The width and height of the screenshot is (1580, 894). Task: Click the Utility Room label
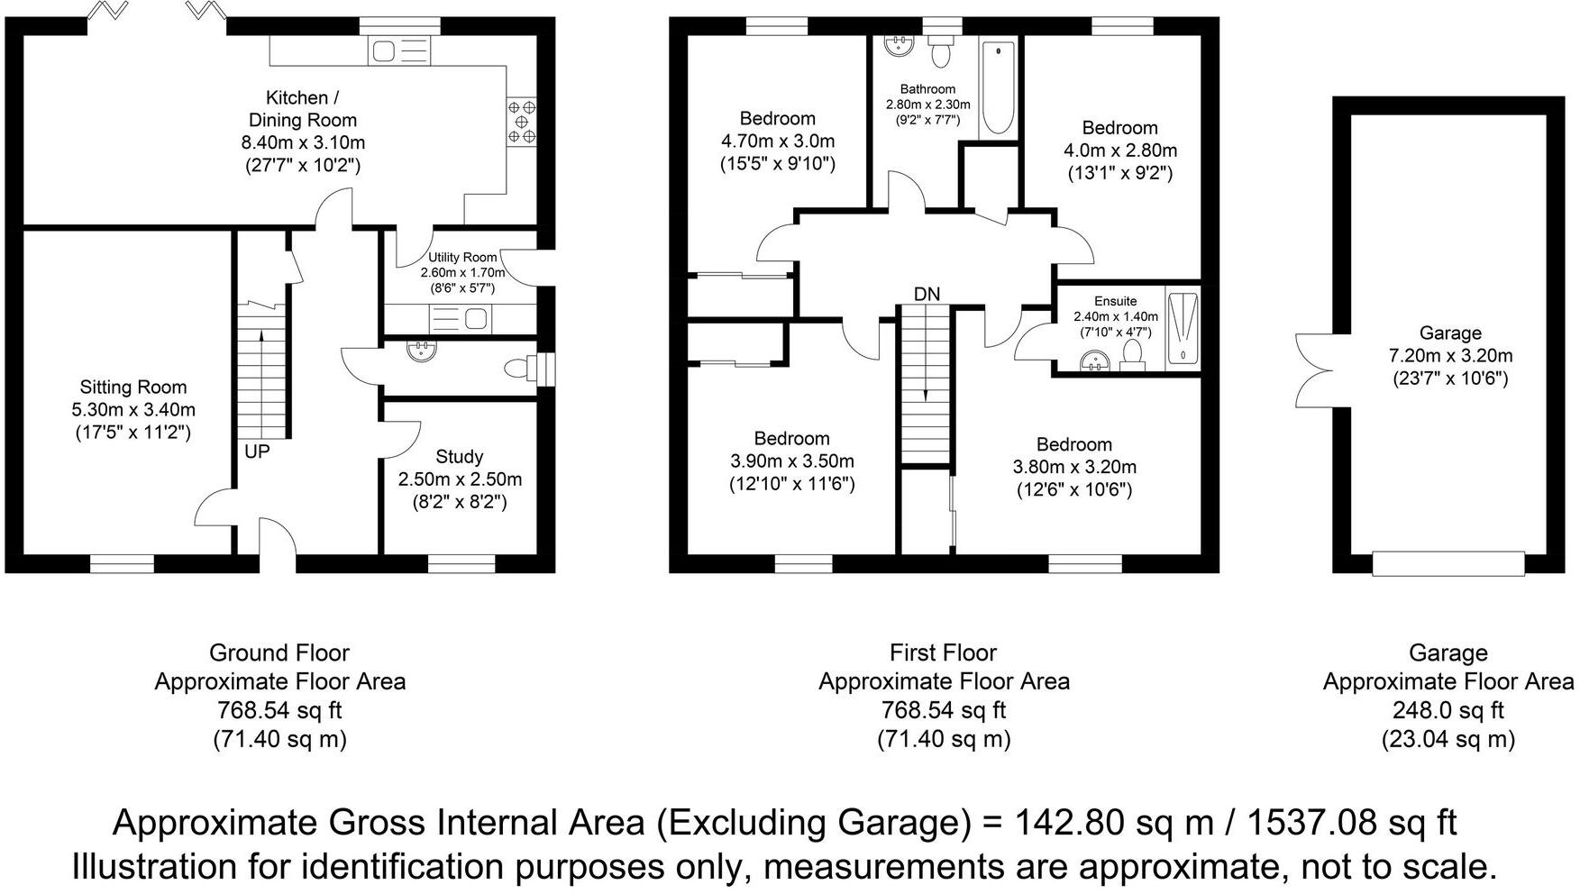(x=462, y=258)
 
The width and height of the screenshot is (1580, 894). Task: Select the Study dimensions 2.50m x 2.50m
(x=460, y=479)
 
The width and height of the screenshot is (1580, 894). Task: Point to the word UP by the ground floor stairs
(x=257, y=452)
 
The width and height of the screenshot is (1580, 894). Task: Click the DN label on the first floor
(x=927, y=295)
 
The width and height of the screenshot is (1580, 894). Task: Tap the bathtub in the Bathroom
(x=998, y=88)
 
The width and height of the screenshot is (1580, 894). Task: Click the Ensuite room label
(x=1115, y=301)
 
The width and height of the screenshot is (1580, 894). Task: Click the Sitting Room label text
(x=133, y=388)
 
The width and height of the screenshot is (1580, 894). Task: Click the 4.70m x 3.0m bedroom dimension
(x=777, y=141)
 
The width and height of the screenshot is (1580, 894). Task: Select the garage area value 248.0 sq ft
(x=1448, y=711)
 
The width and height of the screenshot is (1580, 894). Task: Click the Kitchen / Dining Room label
(x=303, y=109)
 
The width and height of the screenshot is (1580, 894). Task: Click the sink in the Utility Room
(x=475, y=318)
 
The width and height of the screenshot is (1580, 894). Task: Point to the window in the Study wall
(x=449, y=563)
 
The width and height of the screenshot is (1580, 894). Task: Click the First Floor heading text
(x=943, y=652)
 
